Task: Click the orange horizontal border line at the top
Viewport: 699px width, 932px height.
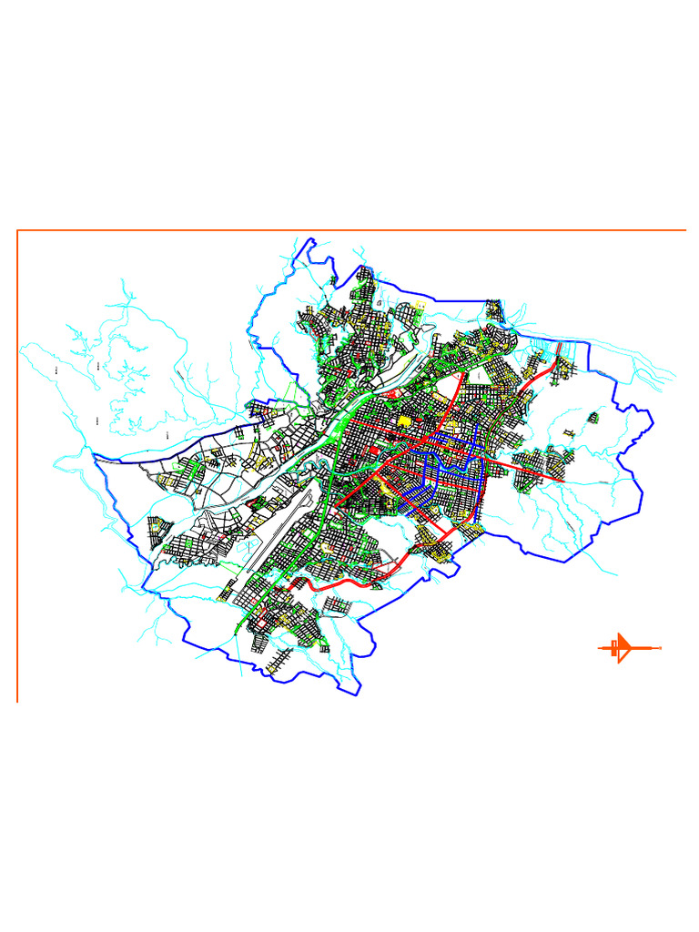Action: (x=364, y=230)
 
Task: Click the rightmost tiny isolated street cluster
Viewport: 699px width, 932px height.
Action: (x=593, y=417)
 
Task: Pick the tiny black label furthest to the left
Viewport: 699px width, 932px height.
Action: (x=56, y=370)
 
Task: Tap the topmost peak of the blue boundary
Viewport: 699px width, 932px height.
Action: (x=312, y=240)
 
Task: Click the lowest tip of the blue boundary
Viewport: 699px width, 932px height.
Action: (x=356, y=694)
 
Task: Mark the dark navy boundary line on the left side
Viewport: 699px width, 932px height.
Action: (x=164, y=455)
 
